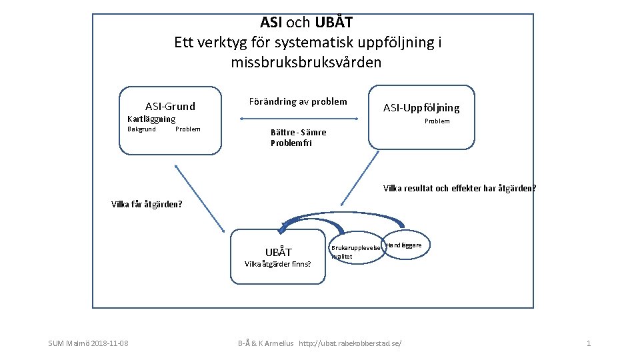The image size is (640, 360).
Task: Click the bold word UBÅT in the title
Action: (334, 23)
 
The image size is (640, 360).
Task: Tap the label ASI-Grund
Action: (170, 106)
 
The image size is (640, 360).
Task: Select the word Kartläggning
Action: (151, 119)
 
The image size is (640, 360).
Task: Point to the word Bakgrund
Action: (141, 129)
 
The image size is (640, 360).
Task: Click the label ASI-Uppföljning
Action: (421, 108)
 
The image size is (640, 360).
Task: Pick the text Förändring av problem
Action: (297, 101)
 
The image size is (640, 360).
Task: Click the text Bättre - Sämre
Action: (298, 133)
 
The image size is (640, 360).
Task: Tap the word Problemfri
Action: (291, 143)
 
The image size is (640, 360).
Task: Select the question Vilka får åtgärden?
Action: (147, 204)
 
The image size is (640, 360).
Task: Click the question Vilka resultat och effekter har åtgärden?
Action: (459, 188)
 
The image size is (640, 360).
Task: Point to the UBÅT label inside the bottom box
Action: (278, 252)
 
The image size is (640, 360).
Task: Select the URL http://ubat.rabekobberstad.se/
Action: (351, 343)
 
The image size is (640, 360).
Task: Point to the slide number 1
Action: (588, 343)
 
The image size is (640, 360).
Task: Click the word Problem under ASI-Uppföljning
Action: (437, 121)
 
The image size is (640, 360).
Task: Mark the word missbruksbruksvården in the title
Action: (306, 63)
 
